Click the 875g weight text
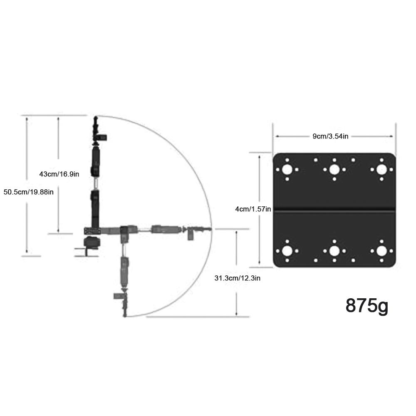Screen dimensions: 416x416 coord(366,305)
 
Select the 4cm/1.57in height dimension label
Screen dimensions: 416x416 coord(253,209)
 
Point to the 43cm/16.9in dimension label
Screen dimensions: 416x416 coord(59,174)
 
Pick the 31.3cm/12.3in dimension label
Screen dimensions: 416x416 coord(237,278)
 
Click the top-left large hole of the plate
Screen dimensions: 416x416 coord(287,169)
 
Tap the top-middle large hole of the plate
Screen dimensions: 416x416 coord(334,169)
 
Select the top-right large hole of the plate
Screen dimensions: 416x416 coord(381,169)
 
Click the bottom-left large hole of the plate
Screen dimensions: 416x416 coord(287,251)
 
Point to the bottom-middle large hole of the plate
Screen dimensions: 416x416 coord(334,251)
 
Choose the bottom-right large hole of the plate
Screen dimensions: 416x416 coord(381,251)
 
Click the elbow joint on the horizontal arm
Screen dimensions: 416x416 coord(125,230)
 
